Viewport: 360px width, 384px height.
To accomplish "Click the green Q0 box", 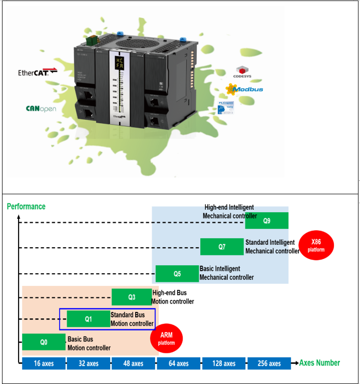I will [x=44, y=342].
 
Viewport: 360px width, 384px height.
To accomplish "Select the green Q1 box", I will [x=89, y=319].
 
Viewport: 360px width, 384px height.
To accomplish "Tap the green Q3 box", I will [x=131, y=297].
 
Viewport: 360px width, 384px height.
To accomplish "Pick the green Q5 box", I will [x=177, y=274].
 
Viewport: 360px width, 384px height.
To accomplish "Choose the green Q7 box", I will [x=222, y=247].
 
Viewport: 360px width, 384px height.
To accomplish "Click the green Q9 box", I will [x=266, y=220].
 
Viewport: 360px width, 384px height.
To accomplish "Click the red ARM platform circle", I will [x=166, y=339].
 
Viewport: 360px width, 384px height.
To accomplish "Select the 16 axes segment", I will [x=44, y=363].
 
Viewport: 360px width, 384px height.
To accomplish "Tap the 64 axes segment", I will [x=179, y=363].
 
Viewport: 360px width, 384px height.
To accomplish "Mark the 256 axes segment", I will [x=268, y=363].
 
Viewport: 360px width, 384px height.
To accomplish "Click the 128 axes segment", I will [x=223, y=363].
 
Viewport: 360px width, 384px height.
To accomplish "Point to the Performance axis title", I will [x=26, y=206].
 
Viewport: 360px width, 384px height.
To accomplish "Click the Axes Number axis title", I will [x=319, y=363].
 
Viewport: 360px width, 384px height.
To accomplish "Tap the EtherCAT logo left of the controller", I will [x=38, y=72].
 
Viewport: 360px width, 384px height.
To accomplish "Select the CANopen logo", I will [x=41, y=108].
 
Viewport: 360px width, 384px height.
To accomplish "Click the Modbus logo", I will [x=244, y=89].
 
